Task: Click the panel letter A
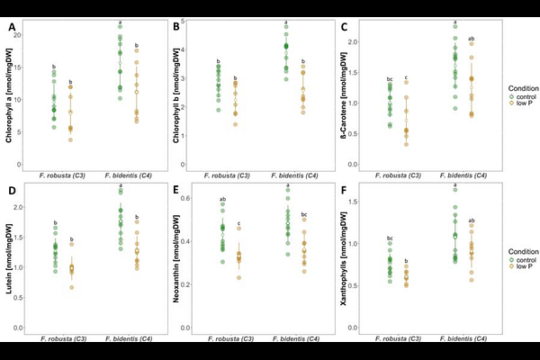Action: click(x=13, y=27)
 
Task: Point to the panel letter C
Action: click(x=346, y=27)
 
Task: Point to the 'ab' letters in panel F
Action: click(x=470, y=220)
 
